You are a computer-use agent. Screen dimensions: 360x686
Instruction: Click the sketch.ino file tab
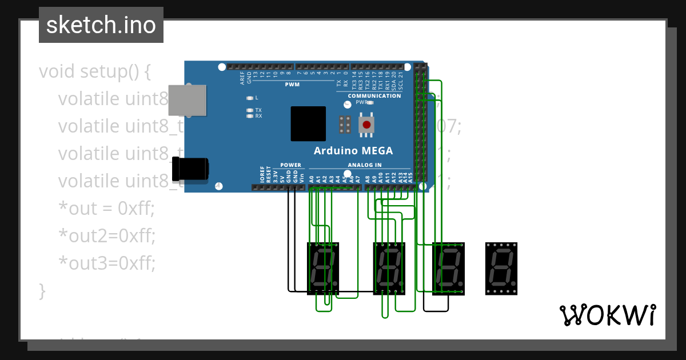(101, 25)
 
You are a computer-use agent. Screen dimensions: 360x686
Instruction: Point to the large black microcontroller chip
(308, 123)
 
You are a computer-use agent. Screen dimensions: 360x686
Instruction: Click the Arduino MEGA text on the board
(353, 151)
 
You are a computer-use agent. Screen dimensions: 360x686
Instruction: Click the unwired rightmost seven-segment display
(501, 269)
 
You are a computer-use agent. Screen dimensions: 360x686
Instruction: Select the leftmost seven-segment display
(324, 269)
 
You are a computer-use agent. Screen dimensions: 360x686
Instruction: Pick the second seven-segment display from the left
(389, 269)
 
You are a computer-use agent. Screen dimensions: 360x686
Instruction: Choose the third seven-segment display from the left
(448, 269)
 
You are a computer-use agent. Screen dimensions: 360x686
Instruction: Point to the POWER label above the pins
(290, 165)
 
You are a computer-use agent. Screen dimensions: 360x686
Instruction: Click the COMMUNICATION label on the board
(374, 96)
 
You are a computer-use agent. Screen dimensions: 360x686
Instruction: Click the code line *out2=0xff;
(107, 235)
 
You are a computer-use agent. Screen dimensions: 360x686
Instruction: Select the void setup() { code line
(95, 71)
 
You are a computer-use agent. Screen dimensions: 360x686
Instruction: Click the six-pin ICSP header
(345, 124)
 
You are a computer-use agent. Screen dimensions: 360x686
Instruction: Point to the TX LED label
(258, 110)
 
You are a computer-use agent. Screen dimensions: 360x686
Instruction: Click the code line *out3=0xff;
(107, 262)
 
